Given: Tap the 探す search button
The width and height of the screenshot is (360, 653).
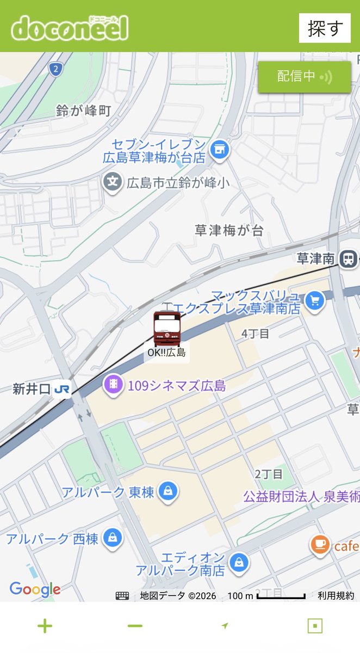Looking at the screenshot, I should point(325,28).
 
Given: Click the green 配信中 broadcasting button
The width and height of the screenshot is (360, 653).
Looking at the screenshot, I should point(304,77).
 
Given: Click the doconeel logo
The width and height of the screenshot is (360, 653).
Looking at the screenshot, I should point(70,28).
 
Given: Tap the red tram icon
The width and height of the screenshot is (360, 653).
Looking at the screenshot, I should point(166,329).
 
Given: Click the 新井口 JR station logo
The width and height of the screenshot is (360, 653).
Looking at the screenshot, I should point(62,389).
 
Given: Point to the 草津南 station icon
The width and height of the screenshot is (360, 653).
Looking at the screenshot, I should point(347,259).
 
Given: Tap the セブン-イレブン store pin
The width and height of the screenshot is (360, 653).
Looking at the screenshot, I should point(220,148).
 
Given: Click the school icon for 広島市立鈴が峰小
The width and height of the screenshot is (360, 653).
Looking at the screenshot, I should point(113,182).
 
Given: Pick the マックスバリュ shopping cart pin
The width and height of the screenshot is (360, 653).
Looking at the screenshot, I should point(314,300).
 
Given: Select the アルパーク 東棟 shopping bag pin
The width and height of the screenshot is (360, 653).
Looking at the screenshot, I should point(168,491).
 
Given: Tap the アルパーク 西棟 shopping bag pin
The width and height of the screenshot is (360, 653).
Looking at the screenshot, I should point(112,538).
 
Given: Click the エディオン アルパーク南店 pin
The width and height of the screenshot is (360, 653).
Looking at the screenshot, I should point(238,562).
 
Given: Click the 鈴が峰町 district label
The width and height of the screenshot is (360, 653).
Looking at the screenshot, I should point(83,111).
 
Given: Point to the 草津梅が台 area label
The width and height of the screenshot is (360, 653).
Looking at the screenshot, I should point(229,230).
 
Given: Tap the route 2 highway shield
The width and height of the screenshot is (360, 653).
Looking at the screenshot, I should point(54,69).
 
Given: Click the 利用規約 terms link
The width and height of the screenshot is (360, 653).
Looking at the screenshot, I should point(336,596).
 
